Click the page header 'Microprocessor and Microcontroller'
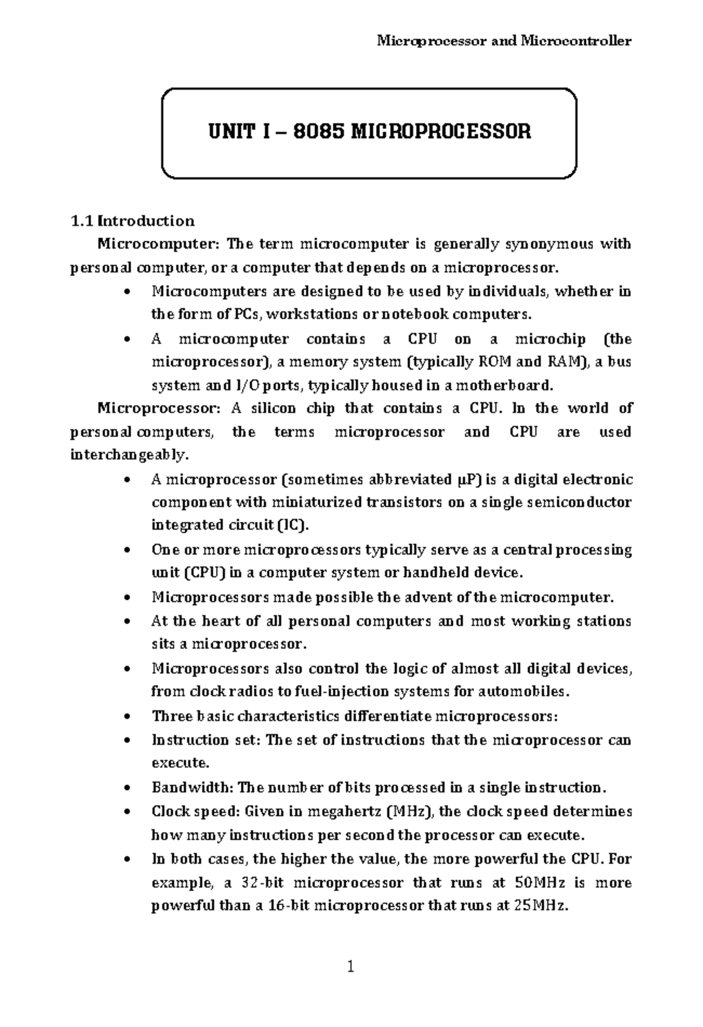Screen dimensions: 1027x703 point(503,41)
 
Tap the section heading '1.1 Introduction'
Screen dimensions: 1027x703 point(132,221)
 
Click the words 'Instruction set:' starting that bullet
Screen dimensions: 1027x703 point(205,740)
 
